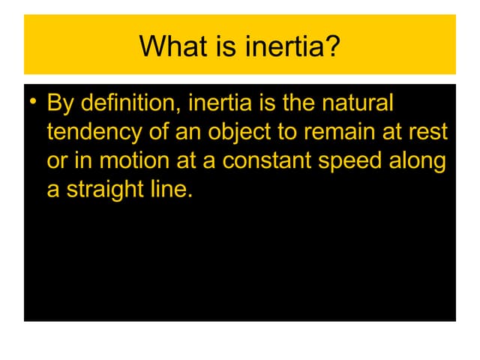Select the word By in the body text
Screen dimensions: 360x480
coord(59,103)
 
